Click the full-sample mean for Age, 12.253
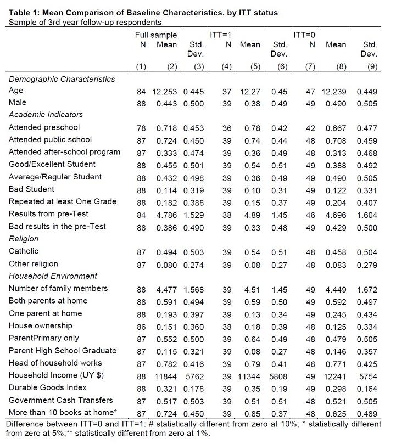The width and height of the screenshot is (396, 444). tap(166, 91)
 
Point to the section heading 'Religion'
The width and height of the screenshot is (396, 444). tap(24, 239)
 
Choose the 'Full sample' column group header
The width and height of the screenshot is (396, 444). tap(156, 35)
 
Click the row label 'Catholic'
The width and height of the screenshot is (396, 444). tap(24, 251)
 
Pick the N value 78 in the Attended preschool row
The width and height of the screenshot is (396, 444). tap(141, 127)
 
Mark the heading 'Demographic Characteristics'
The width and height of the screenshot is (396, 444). tap(62, 79)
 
